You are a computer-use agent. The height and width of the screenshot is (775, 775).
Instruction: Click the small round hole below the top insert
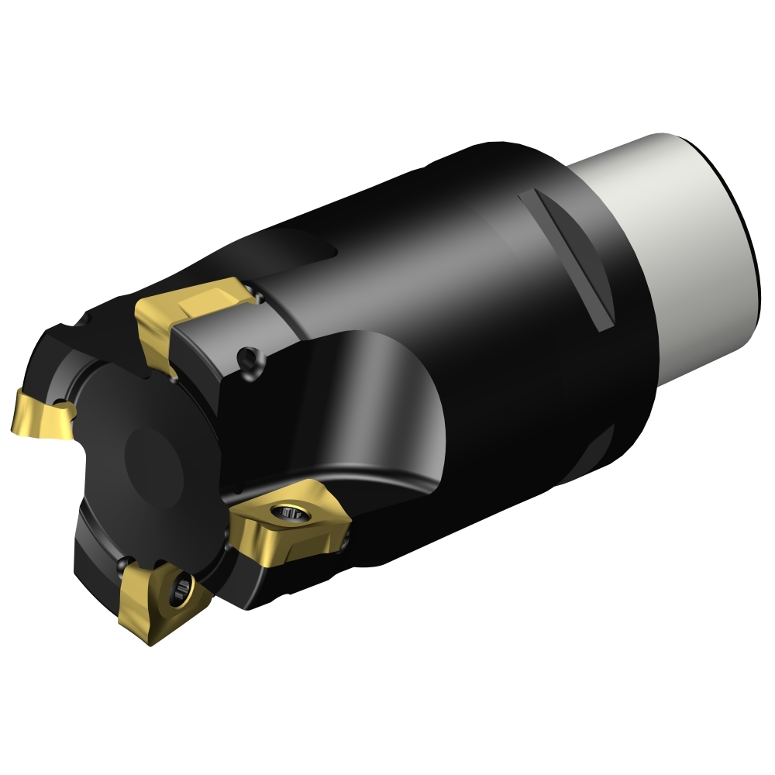[250, 357]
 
